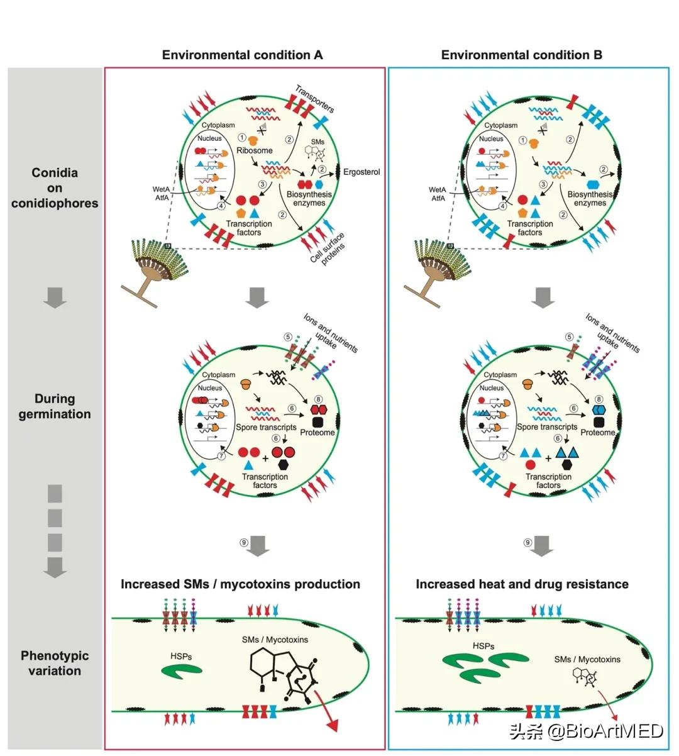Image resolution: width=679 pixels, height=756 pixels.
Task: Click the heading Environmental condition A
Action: pos(242,55)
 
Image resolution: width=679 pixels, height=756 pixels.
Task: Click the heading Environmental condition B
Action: pos(521,55)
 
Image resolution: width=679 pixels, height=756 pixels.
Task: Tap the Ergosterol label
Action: pos(362,172)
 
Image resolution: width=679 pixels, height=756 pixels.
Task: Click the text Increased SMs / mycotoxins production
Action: pos(240,584)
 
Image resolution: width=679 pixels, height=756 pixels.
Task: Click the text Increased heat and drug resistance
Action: pos(522,584)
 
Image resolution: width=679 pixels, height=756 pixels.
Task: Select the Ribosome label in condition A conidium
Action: pos(254,150)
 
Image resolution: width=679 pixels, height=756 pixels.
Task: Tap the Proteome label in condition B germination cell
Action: pos(597,433)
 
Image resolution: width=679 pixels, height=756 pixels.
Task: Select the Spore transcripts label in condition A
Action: pos(265,428)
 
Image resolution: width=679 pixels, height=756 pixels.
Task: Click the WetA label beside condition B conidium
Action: pos(438,189)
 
